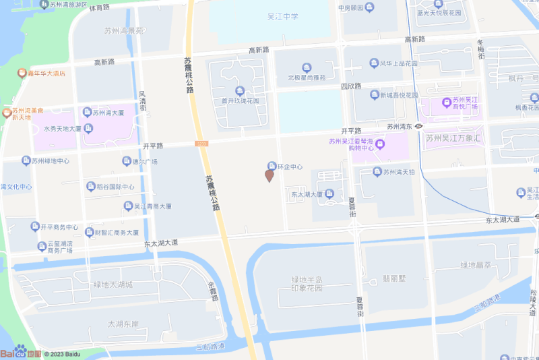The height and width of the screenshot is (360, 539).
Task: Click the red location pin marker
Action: pos(269,176)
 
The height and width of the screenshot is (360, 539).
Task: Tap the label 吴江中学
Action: pos(282,16)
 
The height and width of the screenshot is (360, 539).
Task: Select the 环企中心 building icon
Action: pos(272,166)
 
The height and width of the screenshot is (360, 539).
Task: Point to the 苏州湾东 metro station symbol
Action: pos(418,126)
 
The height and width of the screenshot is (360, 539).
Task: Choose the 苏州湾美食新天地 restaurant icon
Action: pos(7,112)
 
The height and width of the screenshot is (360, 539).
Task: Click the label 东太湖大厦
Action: pos(307,194)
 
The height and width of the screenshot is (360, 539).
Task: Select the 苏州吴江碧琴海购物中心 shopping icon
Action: pos(380,144)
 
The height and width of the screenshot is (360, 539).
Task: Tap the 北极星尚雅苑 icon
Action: pos(307,67)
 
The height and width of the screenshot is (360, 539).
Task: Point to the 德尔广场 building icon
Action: pos(126,161)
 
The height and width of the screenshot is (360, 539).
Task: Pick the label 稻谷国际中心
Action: pos(115,187)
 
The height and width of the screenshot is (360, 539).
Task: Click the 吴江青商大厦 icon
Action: pos(127,206)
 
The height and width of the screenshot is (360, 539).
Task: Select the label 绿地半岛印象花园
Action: pos(307,283)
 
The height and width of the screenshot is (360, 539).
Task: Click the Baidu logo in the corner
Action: pos(20,352)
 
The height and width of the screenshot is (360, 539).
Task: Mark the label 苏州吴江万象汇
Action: pos(455,138)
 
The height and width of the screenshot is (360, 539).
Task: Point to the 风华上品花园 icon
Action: pos(373,63)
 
